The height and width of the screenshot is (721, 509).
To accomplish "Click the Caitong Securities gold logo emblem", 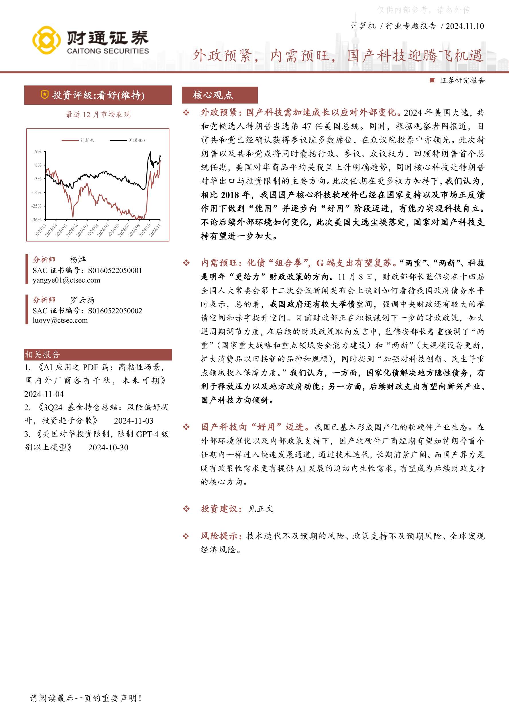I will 46,40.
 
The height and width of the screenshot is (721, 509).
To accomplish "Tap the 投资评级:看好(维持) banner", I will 98,95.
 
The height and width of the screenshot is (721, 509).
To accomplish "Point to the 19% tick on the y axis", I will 37,151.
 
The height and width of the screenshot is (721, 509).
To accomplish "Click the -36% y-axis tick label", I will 36,219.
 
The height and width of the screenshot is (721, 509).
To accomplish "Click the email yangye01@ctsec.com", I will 66,280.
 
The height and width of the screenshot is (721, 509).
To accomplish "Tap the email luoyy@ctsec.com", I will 60,320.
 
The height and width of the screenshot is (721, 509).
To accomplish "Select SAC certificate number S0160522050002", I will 115,311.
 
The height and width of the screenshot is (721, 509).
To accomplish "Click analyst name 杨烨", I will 78,260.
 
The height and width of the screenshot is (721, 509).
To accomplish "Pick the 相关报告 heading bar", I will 98,354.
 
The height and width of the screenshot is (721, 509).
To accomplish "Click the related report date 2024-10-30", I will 108,447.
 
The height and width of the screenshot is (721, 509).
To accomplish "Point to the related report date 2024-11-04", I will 44,394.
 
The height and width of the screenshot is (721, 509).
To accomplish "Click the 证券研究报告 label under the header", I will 462,80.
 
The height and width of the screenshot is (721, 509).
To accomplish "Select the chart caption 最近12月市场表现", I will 98,115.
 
